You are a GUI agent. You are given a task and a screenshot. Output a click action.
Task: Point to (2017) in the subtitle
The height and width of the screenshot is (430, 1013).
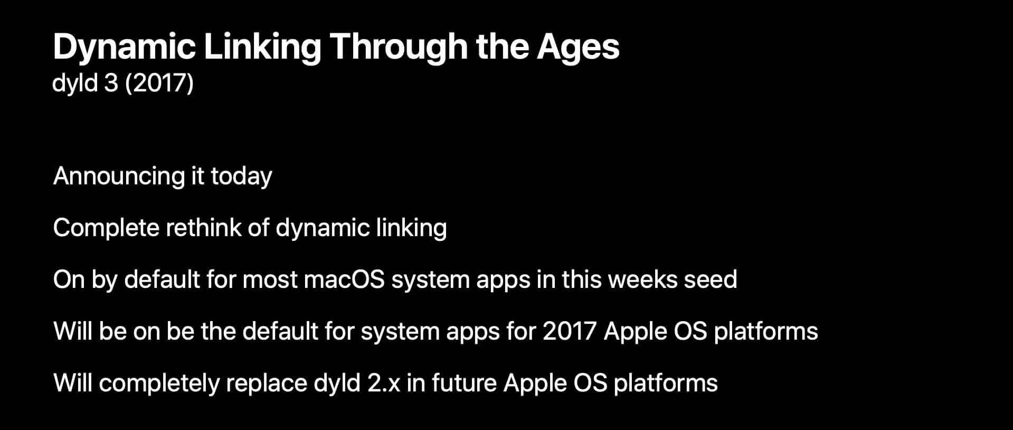[159, 83]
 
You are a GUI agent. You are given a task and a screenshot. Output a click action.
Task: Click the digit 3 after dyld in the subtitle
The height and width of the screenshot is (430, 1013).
[111, 83]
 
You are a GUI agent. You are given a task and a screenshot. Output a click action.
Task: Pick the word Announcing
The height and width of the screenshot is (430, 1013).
[119, 176]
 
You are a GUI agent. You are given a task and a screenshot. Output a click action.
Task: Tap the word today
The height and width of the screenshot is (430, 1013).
[241, 176]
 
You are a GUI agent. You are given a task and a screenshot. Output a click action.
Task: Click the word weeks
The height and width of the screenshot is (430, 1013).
[642, 279]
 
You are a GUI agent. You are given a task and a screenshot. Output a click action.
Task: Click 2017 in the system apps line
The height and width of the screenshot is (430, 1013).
[570, 331]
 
